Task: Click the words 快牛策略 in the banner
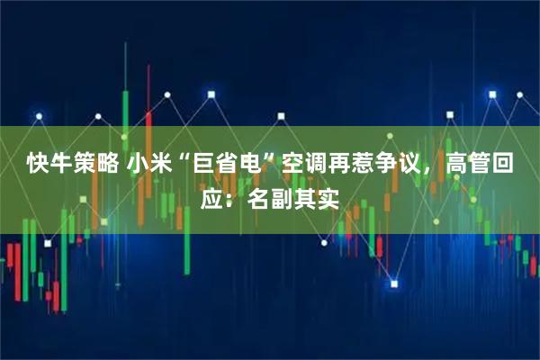click(71, 164)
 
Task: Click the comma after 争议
click(431, 171)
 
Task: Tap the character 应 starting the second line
click(211, 198)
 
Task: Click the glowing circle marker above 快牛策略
click(40, 118)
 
